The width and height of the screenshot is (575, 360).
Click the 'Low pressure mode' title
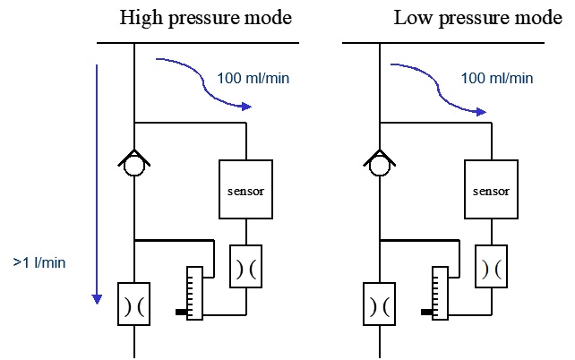477,18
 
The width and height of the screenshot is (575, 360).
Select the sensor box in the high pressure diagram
245,189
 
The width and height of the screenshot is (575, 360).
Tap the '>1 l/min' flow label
40,262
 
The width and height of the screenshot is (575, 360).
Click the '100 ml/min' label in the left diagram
253,78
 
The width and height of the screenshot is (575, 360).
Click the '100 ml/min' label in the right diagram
497,78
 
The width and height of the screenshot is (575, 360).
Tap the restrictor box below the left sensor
245,267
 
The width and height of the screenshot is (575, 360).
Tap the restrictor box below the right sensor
491,267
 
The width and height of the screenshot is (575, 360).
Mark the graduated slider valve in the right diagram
439,292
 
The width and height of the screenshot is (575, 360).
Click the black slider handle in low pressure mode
426,313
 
